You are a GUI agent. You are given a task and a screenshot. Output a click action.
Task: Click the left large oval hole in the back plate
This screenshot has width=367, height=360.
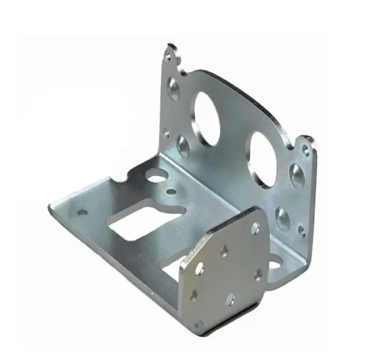tap(206, 119)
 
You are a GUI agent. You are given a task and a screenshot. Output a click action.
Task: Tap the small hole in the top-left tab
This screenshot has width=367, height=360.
tap(169, 57)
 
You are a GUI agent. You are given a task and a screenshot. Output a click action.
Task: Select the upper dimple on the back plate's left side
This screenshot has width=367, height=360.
tap(174, 89)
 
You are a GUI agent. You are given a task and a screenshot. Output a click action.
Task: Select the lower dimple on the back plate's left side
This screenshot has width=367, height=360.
tap(184, 146)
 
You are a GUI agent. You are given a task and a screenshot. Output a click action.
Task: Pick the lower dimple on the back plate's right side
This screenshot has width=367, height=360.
tap(282, 218)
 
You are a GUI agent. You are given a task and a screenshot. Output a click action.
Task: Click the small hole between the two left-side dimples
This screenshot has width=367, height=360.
tap(167, 132)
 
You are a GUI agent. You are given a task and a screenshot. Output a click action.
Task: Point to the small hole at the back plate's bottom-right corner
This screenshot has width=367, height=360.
tap(302, 230)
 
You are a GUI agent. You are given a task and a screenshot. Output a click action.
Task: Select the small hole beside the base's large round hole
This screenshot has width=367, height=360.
tap(171, 191)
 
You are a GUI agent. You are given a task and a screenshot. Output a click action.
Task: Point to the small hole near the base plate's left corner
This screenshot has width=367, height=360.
tap(83, 212)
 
